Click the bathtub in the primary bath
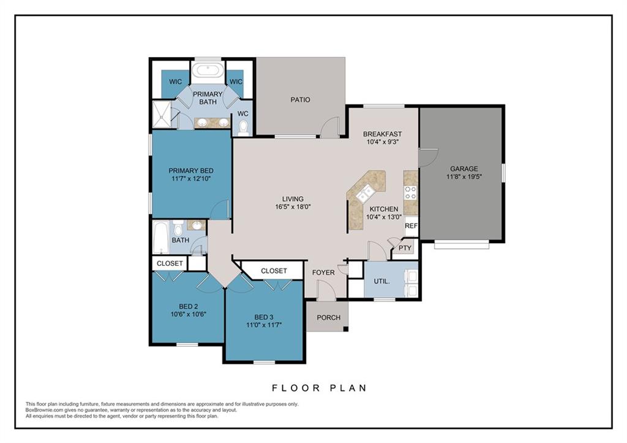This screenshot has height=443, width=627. [x=208, y=72]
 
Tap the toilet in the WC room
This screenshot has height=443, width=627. [x=243, y=127]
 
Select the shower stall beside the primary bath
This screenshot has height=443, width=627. [x=162, y=115]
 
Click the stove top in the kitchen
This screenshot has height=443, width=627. [x=411, y=192]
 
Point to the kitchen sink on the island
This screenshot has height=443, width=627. [x=366, y=194]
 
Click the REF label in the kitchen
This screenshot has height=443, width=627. [x=411, y=225]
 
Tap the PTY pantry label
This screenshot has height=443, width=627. [x=405, y=248]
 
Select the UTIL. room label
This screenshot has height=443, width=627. [x=381, y=281]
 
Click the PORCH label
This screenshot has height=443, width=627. [x=329, y=317]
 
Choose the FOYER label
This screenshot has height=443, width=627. [x=323, y=273]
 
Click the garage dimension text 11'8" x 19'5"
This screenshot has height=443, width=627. [x=464, y=176]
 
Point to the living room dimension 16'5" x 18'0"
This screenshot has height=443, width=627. [x=293, y=207]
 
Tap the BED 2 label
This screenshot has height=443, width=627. [x=189, y=306]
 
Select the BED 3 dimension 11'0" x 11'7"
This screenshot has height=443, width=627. [x=264, y=325]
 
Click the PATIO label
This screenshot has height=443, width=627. [x=300, y=100]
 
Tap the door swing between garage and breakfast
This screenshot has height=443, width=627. [x=429, y=157]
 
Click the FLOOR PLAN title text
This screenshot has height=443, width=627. [x=319, y=388]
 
